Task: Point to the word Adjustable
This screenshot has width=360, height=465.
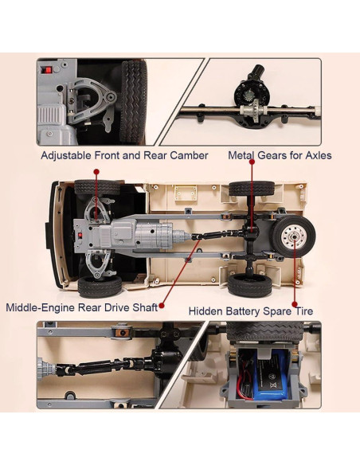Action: (66, 156)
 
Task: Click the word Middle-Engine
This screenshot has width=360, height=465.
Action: (40, 307)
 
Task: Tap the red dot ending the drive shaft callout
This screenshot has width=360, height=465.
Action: (162, 306)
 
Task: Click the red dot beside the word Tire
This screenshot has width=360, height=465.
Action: (295, 304)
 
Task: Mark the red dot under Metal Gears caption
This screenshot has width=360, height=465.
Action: (252, 162)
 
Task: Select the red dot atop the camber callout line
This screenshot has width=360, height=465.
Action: (96, 172)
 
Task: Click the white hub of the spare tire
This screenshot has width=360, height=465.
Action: (294, 236)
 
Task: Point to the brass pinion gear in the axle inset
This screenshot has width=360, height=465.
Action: (248, 96)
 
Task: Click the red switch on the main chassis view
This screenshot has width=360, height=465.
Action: (80, 236)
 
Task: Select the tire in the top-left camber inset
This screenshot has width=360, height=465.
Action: (134, 102)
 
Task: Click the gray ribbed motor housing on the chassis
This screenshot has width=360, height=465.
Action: (155, 235)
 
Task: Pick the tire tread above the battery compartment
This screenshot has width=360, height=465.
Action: (264, 331)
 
